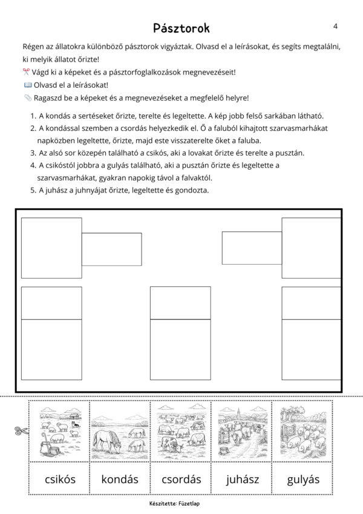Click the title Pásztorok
(x=181, y=28)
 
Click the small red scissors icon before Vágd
(x=27, y=72)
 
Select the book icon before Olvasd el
(x=27, y=85)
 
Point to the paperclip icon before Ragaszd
(x=27, y=97)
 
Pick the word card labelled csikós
(x=60, y=479)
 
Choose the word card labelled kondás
(x=120, y=479)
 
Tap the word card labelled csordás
(x=181, y=479)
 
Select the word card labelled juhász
(x=242, y=479)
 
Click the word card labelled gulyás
(x=302, y=479)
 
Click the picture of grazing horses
(x=120, y=431)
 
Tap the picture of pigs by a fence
(x=302, y=431)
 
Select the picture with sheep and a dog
(x=60, y=431)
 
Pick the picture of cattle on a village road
(x=242, y=431)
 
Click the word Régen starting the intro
(x=33, y=47)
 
